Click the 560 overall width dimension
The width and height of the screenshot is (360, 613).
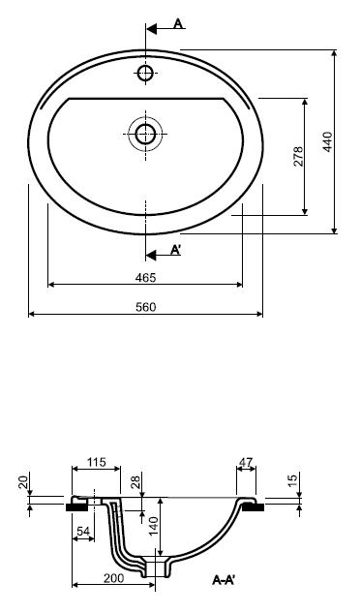146,307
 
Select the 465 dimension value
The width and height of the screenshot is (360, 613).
145,278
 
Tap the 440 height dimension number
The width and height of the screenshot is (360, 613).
328,142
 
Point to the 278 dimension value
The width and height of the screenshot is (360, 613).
298,156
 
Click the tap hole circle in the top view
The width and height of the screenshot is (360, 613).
145,73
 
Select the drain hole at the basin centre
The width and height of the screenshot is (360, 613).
145,134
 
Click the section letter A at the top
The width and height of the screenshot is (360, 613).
178,24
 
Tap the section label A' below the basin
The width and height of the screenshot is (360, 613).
175,250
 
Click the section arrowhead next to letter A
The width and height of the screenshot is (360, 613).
151,29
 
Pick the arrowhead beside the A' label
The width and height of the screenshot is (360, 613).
151,256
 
